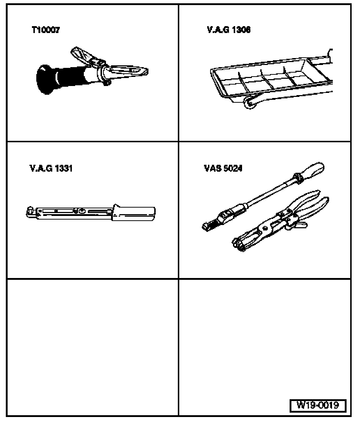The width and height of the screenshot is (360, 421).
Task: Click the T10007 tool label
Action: tap(46, 29)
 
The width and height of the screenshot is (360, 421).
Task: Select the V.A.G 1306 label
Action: tap(229, 29)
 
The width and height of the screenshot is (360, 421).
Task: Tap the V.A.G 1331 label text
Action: tap(51, 168)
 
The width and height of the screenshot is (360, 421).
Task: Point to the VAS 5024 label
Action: tap(223, 168)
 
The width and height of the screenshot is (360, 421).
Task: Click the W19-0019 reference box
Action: tap(318, 405)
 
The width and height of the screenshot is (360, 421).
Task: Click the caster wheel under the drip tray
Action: tap(250, 103)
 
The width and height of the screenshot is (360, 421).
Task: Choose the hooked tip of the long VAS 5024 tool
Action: tap(210, 225)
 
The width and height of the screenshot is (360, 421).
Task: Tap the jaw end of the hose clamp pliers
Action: tap(240, 244)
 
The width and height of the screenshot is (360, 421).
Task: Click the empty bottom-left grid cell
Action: tap(93, 347)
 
